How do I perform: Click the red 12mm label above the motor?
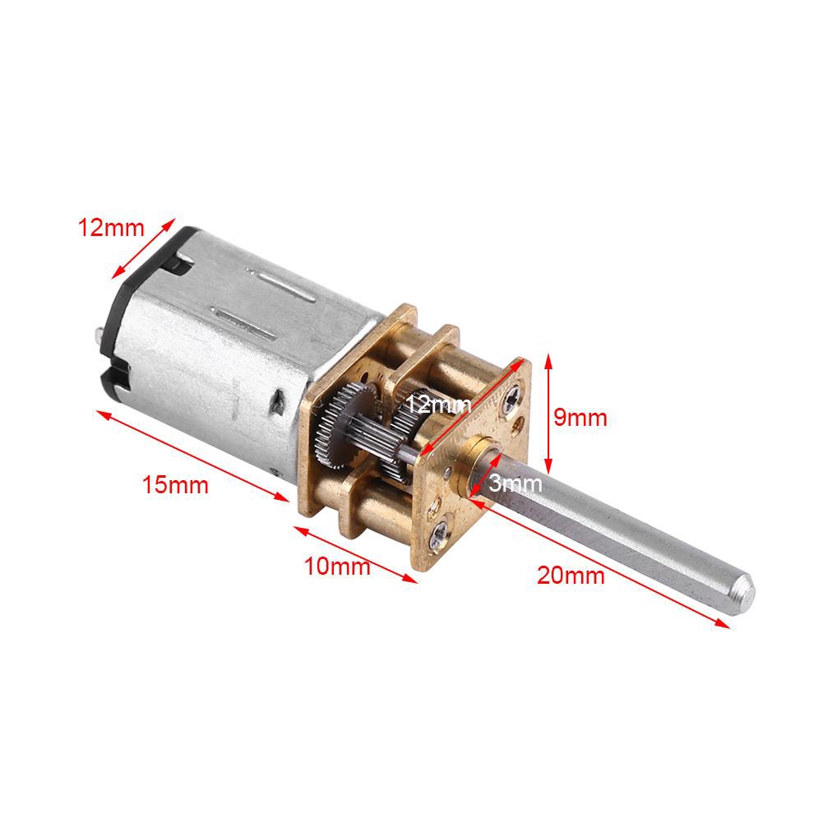(x=110, y=228)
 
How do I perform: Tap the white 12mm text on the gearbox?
(x=438, y=404)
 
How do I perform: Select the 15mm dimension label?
(x=175, y=484)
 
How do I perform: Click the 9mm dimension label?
(x=580, y=418)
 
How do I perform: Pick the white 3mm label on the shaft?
(x=515, y=484)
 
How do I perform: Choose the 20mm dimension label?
(x=571, y=575)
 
